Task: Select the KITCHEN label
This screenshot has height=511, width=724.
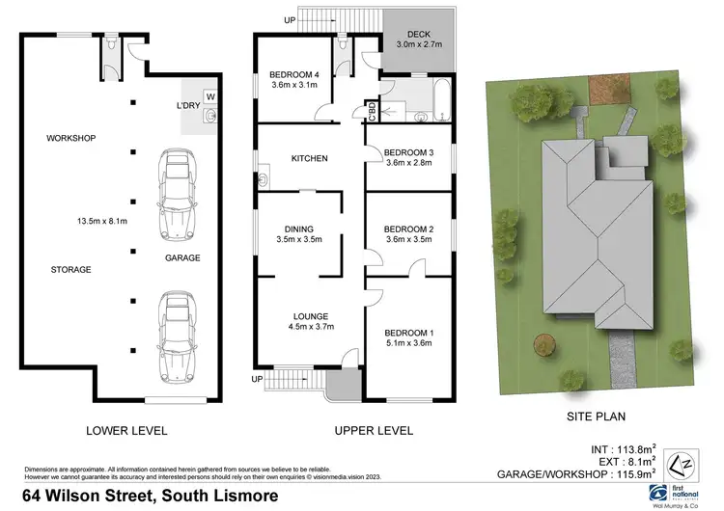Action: point(309,159)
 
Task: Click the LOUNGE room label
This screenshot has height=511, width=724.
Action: point(309,316)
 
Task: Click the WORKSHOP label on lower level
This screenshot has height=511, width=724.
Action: point(71,139)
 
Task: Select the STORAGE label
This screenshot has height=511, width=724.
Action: point(71,270)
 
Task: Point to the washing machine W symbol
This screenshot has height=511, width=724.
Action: point(210,96)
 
